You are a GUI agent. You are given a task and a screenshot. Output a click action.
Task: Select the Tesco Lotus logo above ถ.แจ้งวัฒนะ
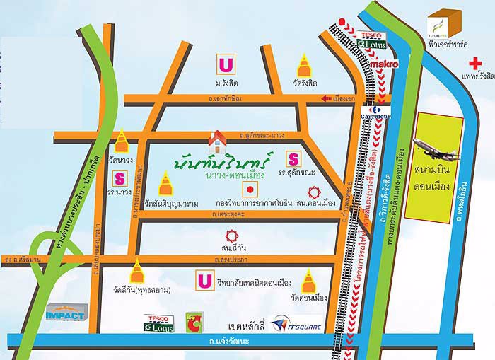point(156,322)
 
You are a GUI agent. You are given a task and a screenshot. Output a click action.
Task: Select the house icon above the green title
point(218,139)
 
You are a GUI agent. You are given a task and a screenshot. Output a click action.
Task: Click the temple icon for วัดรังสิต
point(304,67)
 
